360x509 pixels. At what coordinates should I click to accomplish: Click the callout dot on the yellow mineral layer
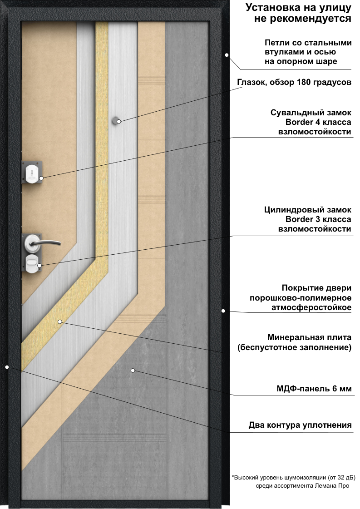(60, 321)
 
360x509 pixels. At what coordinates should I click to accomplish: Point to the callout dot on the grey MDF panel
(133, 370)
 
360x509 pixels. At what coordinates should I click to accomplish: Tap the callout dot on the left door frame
(7, 367)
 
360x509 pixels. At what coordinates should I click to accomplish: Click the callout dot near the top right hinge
(227, 55)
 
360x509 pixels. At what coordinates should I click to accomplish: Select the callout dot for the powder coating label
(223, 311)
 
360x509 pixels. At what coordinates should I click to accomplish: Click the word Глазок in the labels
(251, 82)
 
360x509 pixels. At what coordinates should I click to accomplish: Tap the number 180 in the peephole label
(304, 82)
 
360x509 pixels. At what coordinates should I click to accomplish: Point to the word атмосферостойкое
(311, 307)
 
